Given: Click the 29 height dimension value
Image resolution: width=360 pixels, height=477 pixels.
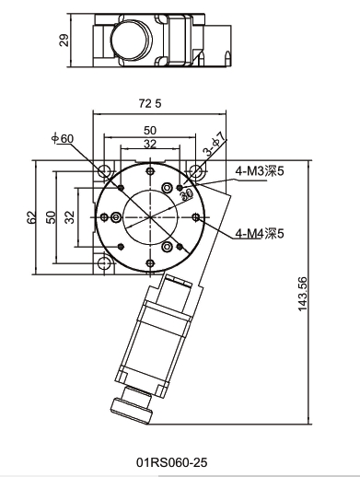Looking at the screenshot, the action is pos(64,41).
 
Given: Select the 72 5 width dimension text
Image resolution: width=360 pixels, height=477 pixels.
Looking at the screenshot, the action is pos(150,104).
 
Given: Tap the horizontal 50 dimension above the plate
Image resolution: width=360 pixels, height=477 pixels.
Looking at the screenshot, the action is pos(150,131).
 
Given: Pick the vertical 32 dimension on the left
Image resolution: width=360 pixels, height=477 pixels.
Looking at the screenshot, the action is pos(70,217).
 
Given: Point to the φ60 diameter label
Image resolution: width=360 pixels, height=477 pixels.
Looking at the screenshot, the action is pos(63,138).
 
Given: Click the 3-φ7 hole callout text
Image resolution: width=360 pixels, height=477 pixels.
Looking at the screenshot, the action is pos(215,144).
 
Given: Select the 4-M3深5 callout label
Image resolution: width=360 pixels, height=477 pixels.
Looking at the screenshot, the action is pos(260,171).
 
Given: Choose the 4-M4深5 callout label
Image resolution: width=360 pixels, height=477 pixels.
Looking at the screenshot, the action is pos(260,234).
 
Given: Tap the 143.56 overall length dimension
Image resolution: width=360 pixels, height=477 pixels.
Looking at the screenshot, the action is pos(303,294).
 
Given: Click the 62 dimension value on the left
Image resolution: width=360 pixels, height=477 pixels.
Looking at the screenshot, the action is pos(32,217).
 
